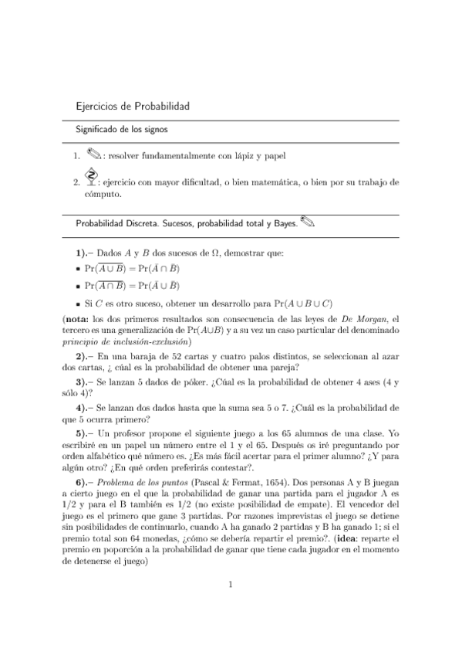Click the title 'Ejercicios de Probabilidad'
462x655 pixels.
pos(132,106)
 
